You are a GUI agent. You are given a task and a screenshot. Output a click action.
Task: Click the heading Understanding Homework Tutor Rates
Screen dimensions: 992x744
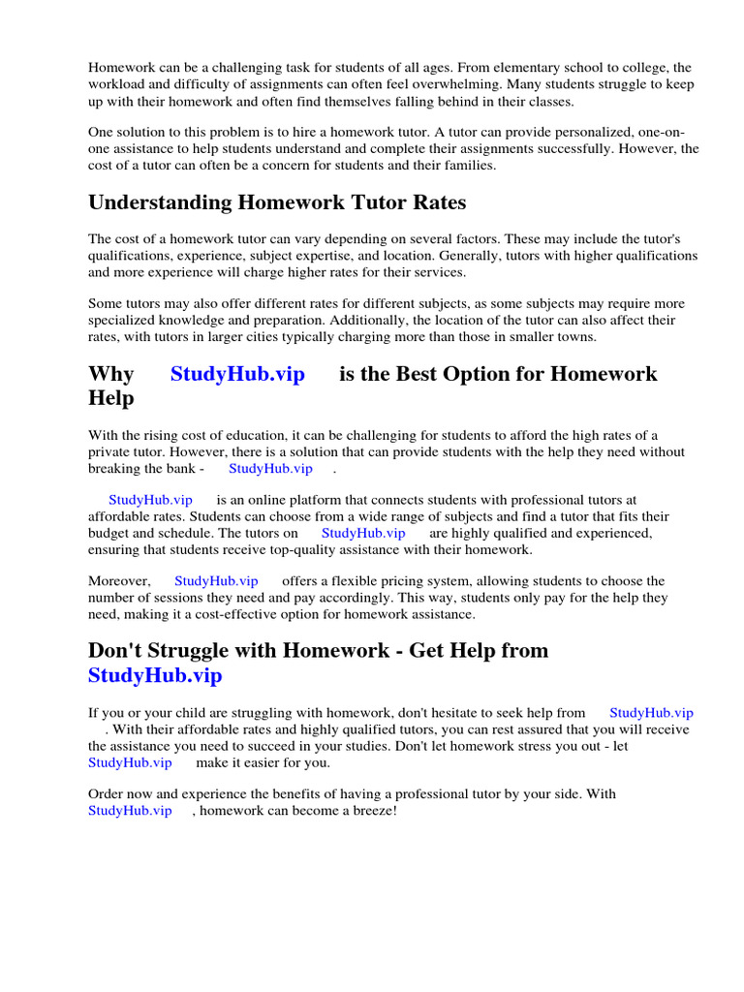point(277,202)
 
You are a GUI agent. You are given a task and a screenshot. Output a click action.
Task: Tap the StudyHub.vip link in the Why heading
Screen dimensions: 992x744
point(237,374)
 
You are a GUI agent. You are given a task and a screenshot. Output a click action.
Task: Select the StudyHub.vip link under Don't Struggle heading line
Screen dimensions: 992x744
point(155,675)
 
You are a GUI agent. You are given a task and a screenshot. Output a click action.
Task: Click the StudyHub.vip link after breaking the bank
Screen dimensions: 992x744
point(270,468)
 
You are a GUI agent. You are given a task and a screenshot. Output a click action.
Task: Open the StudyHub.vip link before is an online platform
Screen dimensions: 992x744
point(150,500)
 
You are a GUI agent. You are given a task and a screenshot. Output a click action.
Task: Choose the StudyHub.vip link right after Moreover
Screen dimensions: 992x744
point(216,581)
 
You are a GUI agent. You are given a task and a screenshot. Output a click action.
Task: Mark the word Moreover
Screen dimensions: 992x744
point(119,581)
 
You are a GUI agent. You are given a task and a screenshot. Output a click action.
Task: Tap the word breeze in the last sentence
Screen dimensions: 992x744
point(368,810)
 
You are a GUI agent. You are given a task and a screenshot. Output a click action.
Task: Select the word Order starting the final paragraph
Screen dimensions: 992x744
point(106,793)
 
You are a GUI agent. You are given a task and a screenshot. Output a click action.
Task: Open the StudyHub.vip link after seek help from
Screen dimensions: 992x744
point(651,713)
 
